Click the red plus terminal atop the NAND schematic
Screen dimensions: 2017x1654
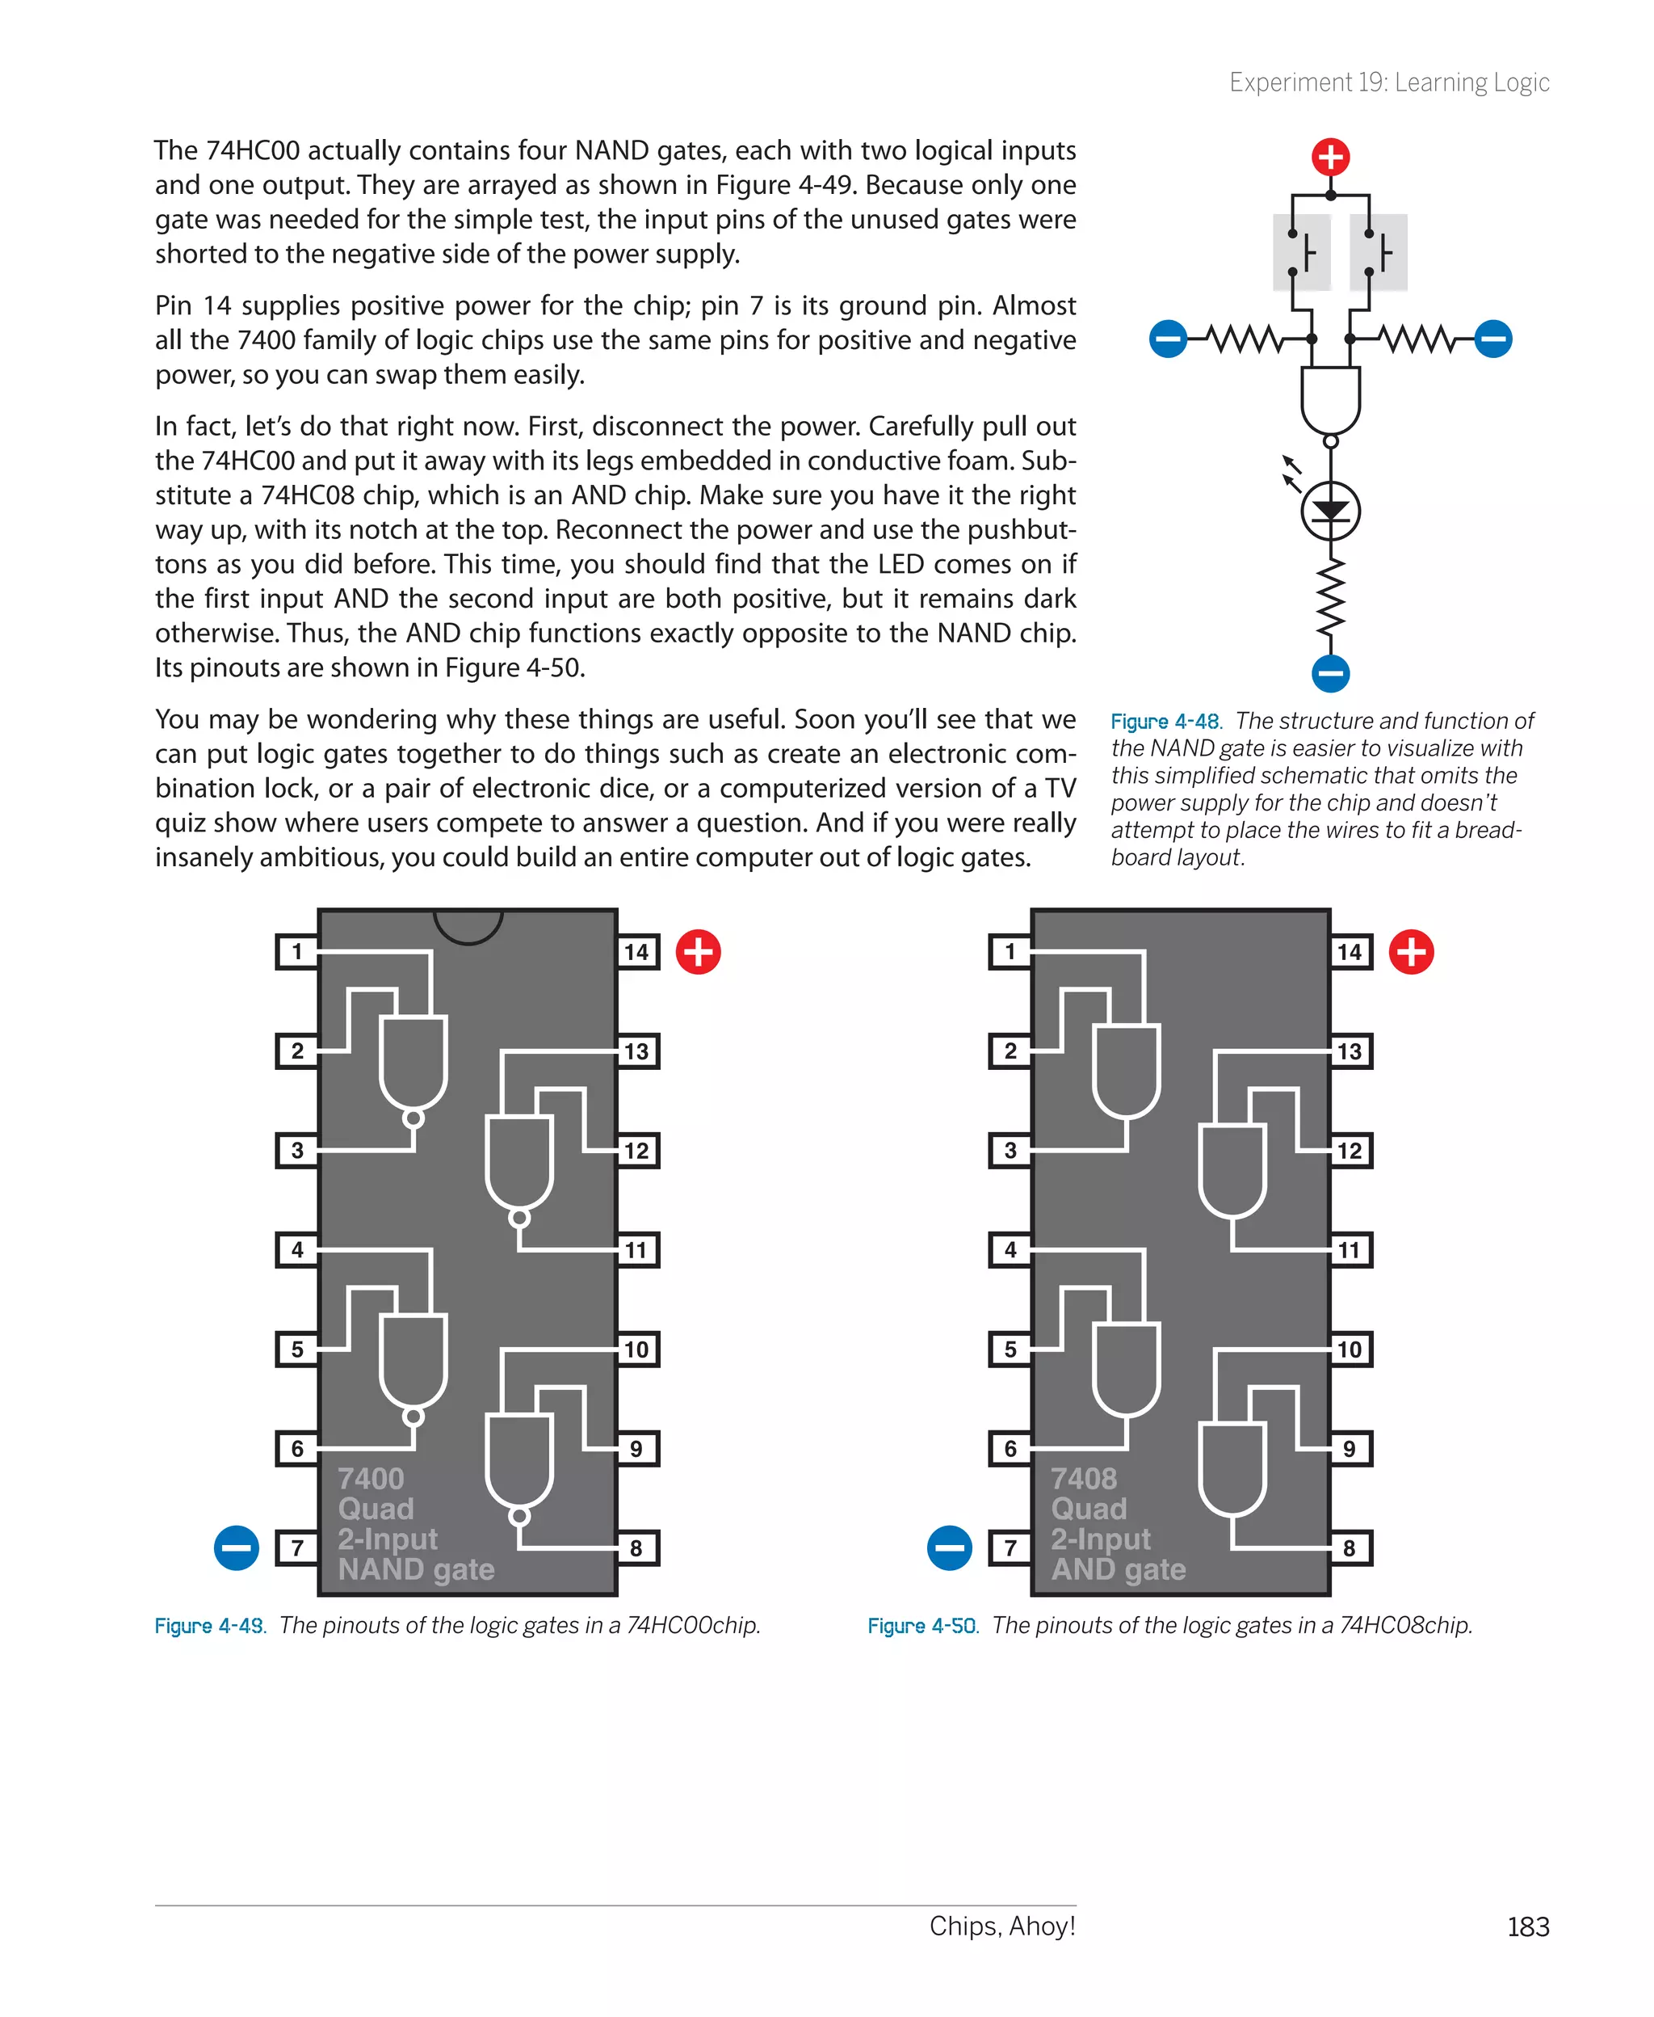click(1330, 156)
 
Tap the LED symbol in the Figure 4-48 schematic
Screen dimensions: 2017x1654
click(1330, 511)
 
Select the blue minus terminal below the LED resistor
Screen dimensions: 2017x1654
click(1330, 673)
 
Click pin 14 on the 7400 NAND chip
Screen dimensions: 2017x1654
click(636, 951)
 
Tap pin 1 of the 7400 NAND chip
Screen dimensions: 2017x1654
click(297, 951)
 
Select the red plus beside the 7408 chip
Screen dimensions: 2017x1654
click(1411, 951)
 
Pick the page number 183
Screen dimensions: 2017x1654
click(1527, 1926)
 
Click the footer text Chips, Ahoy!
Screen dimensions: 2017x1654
click(1002, 1926)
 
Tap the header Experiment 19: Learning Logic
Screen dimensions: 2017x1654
click(1389, 83)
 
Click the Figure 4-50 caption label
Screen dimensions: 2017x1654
click(922, 1625)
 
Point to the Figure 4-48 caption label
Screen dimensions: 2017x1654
click(1165, 722)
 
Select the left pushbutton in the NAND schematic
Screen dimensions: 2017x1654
click(1302, 253)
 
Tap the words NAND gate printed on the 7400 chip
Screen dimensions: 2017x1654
click(417, 1569)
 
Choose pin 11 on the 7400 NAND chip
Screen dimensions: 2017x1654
click(636, 1249)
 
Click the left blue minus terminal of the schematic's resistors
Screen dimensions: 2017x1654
click(1168, 339)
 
